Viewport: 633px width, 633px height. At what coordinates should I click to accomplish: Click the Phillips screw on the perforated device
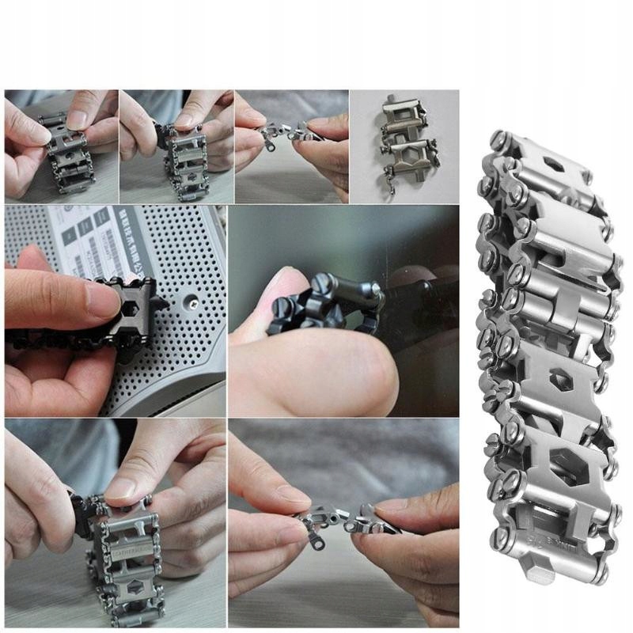[x=192, y=302]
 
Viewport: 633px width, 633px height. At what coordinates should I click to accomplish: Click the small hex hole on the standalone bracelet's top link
[x=555, y=169]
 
